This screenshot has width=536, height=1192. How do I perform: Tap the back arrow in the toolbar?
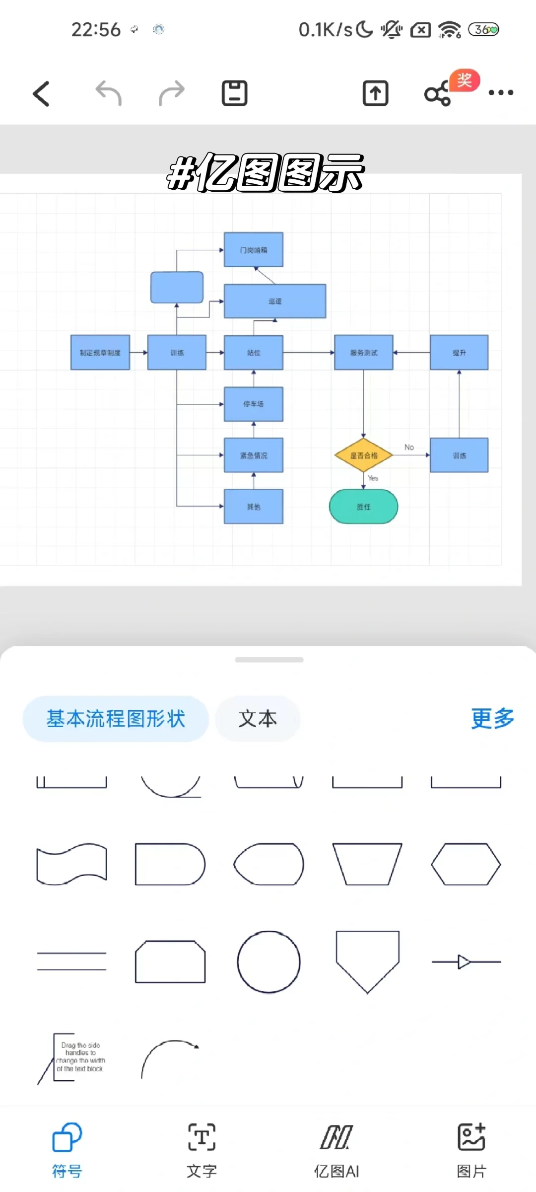[42, 94]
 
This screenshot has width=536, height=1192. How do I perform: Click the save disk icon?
[234, 93]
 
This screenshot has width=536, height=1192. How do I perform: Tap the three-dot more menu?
[500, 93]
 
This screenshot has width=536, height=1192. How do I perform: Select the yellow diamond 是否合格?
[364, 455]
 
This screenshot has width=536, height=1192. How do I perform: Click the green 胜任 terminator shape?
[364, 507]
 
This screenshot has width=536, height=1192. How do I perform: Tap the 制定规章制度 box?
[100, 353]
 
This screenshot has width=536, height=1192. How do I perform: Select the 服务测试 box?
[364, 353]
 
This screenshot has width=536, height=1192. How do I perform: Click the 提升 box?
[459, 353]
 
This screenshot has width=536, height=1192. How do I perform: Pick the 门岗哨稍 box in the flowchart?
[254, 250]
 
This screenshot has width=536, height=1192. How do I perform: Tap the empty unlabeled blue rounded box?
[177, 287]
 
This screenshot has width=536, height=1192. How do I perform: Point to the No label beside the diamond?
[409, 447]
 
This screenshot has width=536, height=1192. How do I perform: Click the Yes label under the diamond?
[373, 478]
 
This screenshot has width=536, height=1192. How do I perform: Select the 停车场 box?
[254, 404]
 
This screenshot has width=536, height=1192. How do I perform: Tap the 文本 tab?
[258, 719]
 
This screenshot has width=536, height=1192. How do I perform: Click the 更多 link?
[492, 719]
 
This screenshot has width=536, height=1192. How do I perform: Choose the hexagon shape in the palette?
[466, 864]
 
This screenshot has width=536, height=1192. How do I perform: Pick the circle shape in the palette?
[269, 962]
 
